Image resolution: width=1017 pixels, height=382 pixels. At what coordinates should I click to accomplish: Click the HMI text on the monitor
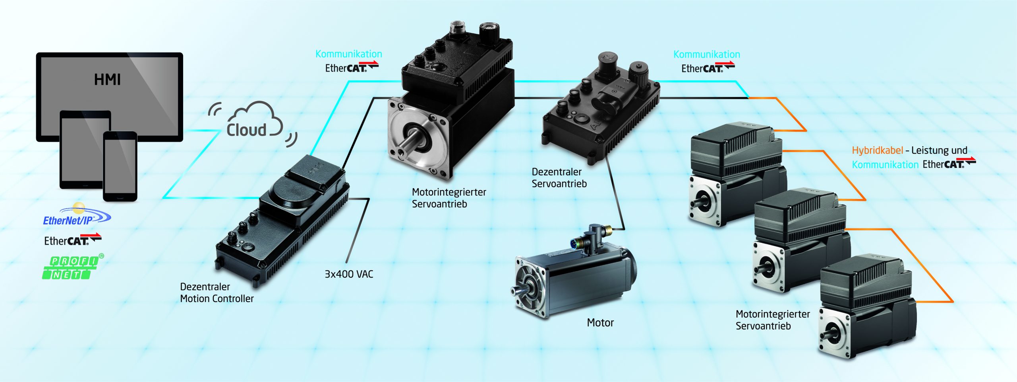[107, 79]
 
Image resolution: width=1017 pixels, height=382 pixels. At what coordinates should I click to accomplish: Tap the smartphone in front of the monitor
[120, 166]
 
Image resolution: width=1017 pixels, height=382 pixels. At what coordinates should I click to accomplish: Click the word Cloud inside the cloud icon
[246, 130]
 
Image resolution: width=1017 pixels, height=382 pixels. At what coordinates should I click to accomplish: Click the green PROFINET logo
[72, 267]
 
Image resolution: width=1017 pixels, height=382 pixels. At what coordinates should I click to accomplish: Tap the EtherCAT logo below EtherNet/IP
[73, 240]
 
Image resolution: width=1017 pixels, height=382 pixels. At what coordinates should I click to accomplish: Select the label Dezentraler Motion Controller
[217, 292]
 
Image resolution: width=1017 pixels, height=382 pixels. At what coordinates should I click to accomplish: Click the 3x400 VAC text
[349, 274]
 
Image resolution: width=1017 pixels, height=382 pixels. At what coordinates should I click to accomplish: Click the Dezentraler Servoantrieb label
[559, 177]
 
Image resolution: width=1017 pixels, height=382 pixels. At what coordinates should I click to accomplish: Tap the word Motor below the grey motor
[600, 323]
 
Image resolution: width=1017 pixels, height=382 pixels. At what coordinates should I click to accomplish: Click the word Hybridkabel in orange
[878, 150]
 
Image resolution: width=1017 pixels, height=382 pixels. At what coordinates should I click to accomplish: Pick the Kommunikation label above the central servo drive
[349, 54]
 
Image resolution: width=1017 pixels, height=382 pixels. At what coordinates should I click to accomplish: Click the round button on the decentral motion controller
[248, 248]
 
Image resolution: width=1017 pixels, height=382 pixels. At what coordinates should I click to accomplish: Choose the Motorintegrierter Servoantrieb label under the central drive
[449, 198]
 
